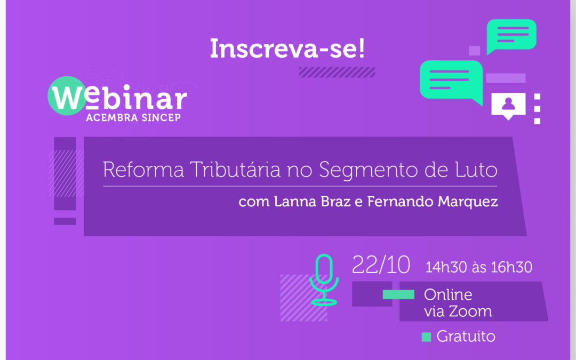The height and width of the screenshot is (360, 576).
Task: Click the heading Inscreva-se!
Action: tap(287, 49)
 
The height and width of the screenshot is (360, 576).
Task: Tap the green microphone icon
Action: tap(324, 279)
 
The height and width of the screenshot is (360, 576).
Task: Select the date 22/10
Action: tap(381, 265)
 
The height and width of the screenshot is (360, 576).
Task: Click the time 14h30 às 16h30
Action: tap(478, 267)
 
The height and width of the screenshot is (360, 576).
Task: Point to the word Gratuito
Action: tap(466, 337)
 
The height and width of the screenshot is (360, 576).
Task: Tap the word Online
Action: tap(448, 294)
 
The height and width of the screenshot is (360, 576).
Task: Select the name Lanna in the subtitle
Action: tap(293, 202)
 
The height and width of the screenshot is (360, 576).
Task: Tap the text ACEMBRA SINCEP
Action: tap(133, 117)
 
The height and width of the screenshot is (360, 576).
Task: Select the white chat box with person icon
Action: tap(508, 105)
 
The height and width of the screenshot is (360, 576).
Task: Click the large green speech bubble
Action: tap(451, 80)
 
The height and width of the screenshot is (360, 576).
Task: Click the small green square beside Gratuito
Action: tap(426, 337)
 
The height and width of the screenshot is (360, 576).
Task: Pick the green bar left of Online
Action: tap(398, 294)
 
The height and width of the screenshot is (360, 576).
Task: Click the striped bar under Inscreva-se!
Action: tap(337, 72)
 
